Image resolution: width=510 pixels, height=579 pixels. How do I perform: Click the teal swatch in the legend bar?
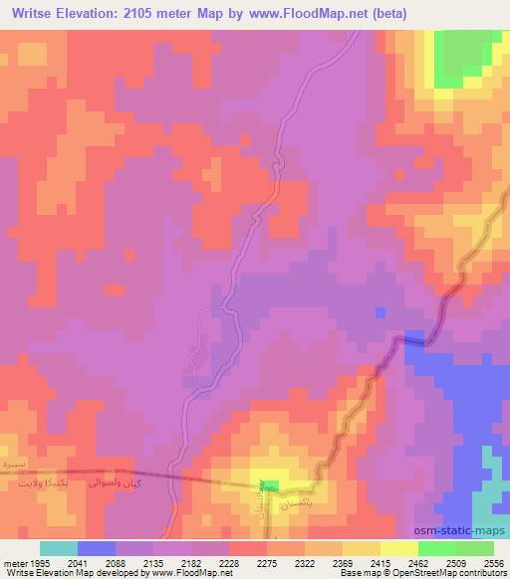[x=59, y=547]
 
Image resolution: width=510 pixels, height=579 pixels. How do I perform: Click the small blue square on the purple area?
[x=380, y=312]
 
